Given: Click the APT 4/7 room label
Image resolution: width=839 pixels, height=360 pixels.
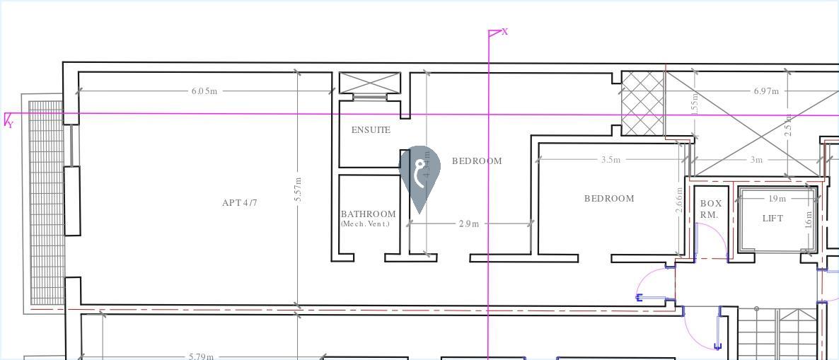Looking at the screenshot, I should click(x=239, y=203).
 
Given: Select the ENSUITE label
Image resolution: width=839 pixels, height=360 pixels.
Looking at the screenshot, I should click(x=371, y=130).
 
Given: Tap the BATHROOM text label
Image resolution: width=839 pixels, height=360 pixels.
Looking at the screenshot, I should click(x=368, y=214).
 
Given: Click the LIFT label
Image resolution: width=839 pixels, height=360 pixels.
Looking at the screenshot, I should click(x=773, y=219).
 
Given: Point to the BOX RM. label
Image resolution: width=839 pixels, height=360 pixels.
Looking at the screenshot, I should click(x=710, y=209).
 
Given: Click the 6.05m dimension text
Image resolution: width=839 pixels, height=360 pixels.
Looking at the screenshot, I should click(x=204, y=91).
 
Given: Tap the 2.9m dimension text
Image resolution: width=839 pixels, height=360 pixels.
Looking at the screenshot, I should click(x=469, y=224).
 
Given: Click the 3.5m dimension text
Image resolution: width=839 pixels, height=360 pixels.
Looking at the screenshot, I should click(x=611, y=160).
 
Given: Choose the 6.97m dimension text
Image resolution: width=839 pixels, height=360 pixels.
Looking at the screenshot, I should click(x=765, y=91).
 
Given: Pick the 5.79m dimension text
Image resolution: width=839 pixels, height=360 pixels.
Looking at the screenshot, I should click(x=201, y=356).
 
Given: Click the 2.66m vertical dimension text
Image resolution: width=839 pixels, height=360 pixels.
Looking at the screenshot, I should click(x=680, y=200).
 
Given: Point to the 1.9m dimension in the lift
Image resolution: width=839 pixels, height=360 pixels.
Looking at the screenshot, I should click(x=777, y=199).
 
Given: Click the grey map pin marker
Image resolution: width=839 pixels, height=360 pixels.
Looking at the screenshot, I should click(x=419, y=174).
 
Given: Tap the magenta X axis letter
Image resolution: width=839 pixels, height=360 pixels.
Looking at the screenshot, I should click(x=504, y=32).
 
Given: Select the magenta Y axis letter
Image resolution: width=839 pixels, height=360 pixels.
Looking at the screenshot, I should click(x=11, y=125).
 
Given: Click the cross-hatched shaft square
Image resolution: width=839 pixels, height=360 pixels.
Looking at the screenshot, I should click(x=643, y=103).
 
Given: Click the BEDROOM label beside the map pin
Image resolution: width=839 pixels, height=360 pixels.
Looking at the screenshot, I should click(x=477, y=161).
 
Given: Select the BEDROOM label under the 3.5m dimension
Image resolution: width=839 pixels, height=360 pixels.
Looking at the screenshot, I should click(x=608, y=199).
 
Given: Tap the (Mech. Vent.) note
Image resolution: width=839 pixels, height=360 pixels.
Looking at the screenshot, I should click(x=365, y=224).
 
